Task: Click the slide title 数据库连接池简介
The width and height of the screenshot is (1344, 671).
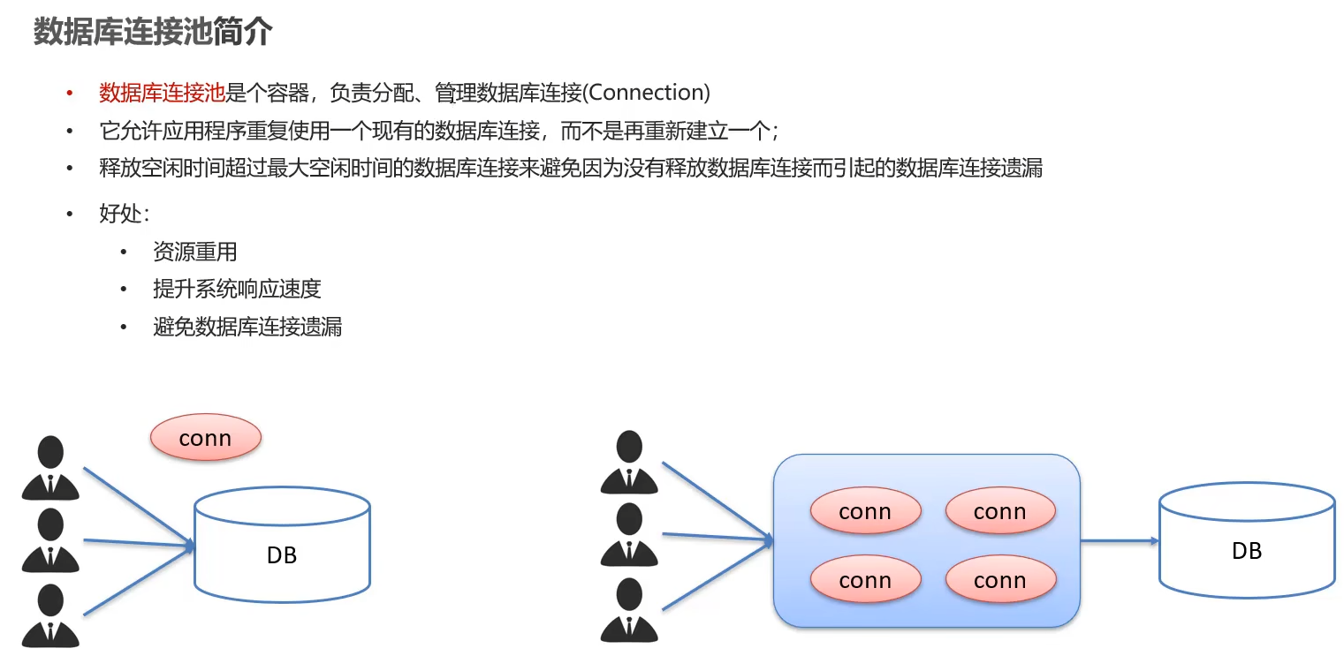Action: click(x=152, y=33)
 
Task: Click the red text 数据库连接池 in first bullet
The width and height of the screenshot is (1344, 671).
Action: click(x=162, y=93)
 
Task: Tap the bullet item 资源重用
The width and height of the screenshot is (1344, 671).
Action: click(x=194, y=252)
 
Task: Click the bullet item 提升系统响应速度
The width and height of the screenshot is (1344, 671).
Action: click(x=236, y=289)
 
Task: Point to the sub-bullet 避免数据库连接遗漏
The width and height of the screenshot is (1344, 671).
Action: click(x=247, y=327)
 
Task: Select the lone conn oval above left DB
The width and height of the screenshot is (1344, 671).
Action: click(x=205, y=438)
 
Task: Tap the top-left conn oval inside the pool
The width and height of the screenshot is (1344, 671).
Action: click(x=865, y=511)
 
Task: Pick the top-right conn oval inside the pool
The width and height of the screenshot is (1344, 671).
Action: click(x=999, y=511)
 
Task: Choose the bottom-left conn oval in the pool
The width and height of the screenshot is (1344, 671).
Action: click(x=865, y=580)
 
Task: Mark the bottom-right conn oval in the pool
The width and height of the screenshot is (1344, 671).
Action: click(x=999, y=580)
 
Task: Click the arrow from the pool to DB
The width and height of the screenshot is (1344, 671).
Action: click(x=1119, y=540)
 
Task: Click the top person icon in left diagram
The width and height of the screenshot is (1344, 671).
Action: click(x=50, y=468)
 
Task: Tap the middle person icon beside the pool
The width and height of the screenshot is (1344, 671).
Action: click(x=629, y=534)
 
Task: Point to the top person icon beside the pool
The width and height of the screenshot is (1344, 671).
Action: click(x=629, y=462)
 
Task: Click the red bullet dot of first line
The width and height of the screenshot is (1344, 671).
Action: click(x=70, y=94)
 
